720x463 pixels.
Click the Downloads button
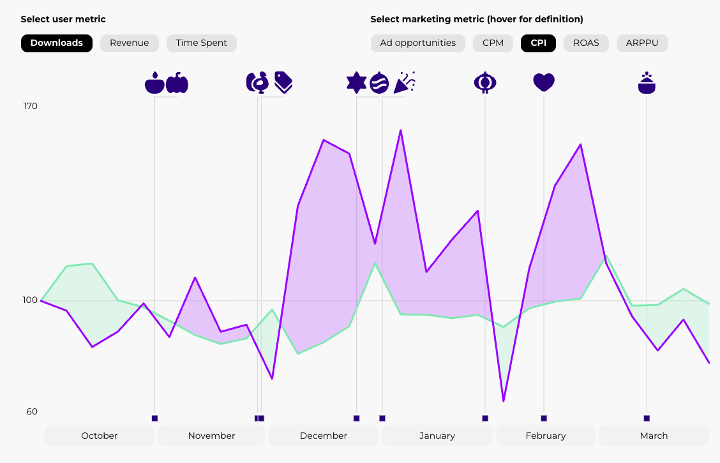(x=57, y=43)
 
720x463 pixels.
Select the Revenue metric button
(x=129, y=43)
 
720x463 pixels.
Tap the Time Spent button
(x=202, y=43)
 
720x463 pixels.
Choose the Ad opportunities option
(x=418, y=43)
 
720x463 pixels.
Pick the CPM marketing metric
(x=493, y=43)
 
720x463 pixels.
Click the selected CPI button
(x=538, y=43)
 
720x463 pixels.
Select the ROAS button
(x=586, y=43)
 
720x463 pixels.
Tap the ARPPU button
(x=642, y=43)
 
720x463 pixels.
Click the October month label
(x=100, y=436)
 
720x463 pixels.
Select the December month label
(x=324, y=436)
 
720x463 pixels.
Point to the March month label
(x=654, y=436)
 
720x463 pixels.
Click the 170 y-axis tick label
(x=31, y=106)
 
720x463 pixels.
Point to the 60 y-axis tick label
(x=32, y=411)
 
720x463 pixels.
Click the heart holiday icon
(x=544, y=82)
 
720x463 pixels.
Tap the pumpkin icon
(x=177, y=83)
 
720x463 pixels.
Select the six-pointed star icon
(x=356, y=82)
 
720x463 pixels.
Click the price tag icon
(x=283, y=82)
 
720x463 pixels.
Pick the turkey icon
(x=257, y=82)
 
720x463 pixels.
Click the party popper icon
(x=405, y=82)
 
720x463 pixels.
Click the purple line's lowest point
(x=504, y=401)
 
